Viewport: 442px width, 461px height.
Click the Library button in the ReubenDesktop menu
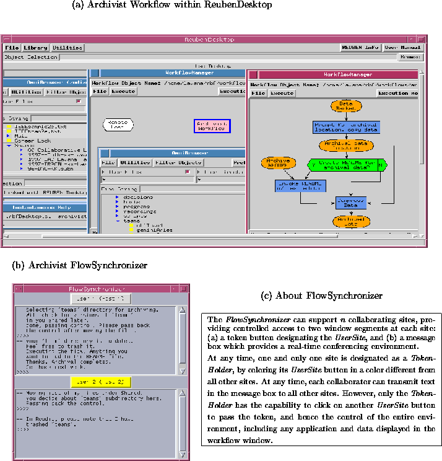pyautogui.click(x=36, y=48)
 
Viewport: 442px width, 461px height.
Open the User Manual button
pyautogui.click(x=402, y=48)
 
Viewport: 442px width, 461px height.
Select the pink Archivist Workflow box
pyautogui.click(x=212, y=126)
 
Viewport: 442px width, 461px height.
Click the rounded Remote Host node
pyautogui.click(x=118, y=124)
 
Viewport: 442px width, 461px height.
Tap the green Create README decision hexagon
pyautogui.click(x=347, y=165)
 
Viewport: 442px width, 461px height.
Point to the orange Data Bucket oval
pyautogui.click(x=346, y=107)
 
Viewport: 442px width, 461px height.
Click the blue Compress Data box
pyautogui.click(x=352, y=203)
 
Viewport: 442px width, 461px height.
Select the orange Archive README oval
pyautogui.click(x=279, y=164)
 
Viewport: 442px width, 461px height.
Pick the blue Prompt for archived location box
pyautogui.click(x=346, y=127)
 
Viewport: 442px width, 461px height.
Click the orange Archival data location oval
pyautogui.click(x=347, y=146)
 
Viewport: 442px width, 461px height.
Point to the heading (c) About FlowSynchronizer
pyautogui.click(x=322, y=296)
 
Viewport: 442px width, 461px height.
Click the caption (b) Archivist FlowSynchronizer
pyautogui.click(x=80, y=265)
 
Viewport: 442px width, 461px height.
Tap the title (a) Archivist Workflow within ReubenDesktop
pyautogui.click(x=172, y=5)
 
